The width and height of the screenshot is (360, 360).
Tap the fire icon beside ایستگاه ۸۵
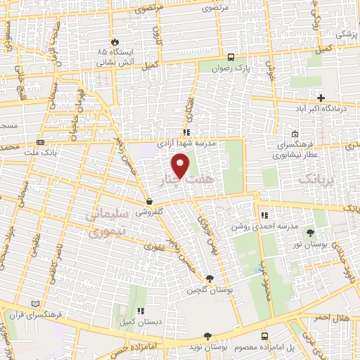pyautogui.click(x=115, y=42)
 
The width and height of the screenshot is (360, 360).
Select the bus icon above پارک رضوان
pyautogui.click(x=231, y=57)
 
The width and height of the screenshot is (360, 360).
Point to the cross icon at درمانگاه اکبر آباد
pyautogui.click(x=321, y=98)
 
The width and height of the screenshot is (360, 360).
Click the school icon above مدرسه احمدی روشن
pyautogui.click(x=264, y=215)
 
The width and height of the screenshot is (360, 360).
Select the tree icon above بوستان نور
pyautogui.click(x=311, y=232)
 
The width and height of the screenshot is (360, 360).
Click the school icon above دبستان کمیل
pyautogui.click(x=141, y=310)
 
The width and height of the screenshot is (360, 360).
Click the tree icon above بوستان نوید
pyautogui.click(x=206, y=336)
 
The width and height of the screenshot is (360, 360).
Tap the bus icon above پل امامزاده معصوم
pyautogui.click(x=265, y=336)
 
